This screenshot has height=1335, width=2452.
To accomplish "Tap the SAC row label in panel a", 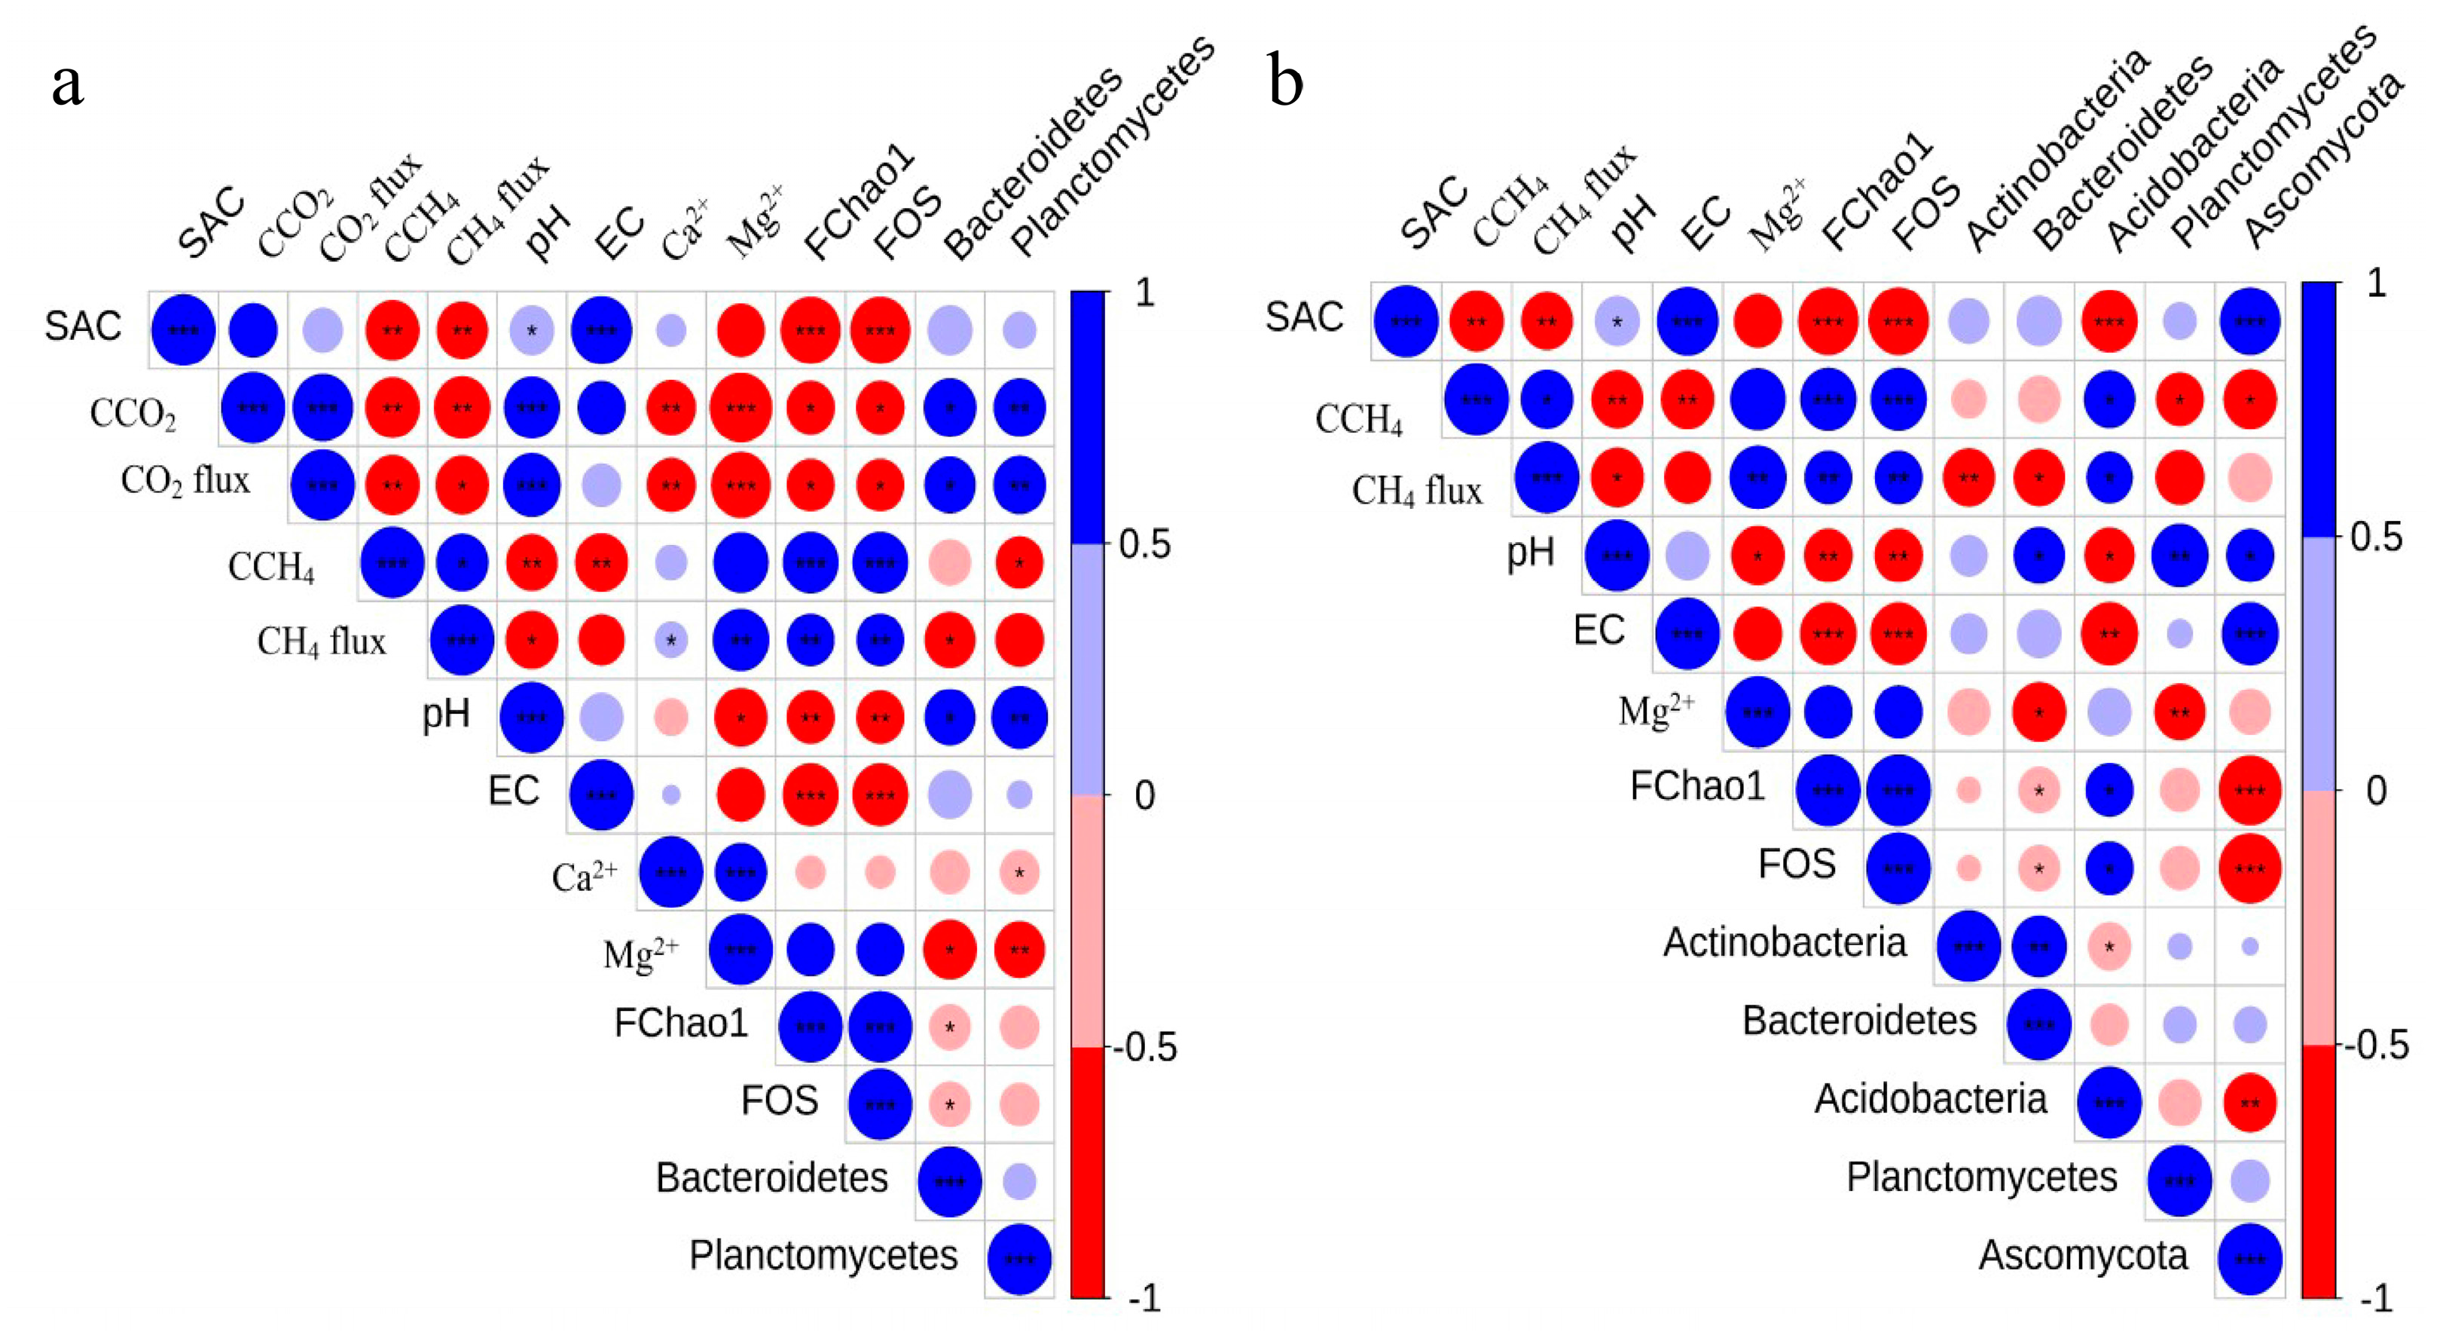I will pos(83,326).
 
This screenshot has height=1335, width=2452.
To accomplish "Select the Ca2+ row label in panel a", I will pos(585,875).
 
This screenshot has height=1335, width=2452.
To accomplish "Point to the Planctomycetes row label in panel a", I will pos(823,1256).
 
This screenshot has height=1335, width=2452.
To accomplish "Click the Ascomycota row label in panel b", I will pos(2083,1256).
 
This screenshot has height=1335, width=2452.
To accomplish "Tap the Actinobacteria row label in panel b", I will pos(1785,943).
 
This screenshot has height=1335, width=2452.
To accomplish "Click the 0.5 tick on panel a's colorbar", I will pos(1144,545).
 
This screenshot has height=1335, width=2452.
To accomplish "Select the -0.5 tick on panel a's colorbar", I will pos(1144,1048).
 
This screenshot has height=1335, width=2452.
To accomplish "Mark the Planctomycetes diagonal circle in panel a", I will pos(1019,1259).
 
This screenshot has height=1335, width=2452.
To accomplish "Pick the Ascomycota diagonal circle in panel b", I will pos(2250,1259).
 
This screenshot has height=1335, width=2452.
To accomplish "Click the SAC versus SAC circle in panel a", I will pos(183,330).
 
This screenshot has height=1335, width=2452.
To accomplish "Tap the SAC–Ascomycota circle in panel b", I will pos(2250,322).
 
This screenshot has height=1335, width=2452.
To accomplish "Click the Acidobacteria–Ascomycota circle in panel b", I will pos(2250,1104).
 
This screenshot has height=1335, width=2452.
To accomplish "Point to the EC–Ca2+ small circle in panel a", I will pos(671,795).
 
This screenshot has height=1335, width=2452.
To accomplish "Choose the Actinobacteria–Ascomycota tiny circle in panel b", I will pos(2250,947).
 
